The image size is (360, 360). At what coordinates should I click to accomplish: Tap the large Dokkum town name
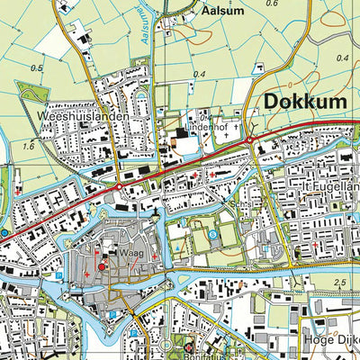305,103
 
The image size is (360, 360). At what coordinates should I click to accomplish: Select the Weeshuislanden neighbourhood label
84,117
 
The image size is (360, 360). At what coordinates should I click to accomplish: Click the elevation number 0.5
36,67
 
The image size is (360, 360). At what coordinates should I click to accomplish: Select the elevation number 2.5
338,283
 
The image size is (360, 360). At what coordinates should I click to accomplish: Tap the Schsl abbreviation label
237,205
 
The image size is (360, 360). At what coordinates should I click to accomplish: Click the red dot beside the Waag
101,265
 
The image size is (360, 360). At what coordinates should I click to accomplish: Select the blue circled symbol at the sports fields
213,235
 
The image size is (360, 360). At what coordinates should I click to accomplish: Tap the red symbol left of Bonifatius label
189,347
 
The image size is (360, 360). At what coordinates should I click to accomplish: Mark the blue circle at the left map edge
4,232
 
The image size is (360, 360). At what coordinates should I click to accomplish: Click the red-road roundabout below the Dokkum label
249,140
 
